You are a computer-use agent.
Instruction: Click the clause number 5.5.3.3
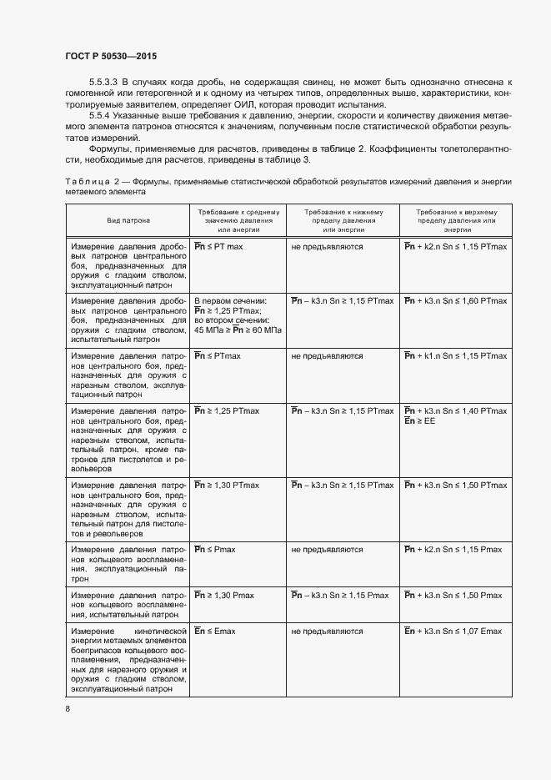point(104,82)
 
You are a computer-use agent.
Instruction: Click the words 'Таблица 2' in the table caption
point(94,181)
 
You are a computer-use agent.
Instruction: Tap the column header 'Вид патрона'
point(128,221)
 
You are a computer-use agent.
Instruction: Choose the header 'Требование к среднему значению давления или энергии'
point(239,221)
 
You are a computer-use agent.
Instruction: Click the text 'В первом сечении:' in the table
point(230,299)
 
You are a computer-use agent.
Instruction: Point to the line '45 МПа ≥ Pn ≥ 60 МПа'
point(238,330)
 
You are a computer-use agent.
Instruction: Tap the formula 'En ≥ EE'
point(419,421)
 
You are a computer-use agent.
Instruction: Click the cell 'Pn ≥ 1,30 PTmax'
point(227,485)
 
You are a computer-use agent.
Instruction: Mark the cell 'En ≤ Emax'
point(215,631)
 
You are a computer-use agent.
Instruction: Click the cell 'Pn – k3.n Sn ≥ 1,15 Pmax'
point(340,595)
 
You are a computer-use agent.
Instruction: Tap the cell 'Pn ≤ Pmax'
point(215,550)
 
